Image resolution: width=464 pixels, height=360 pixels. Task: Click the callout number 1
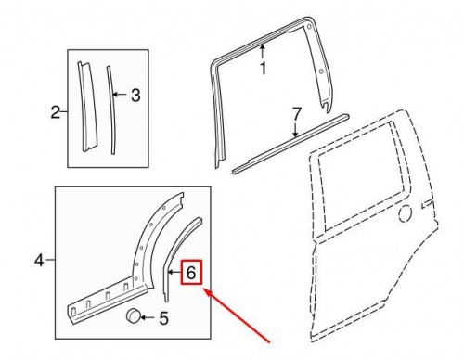coord(262,67)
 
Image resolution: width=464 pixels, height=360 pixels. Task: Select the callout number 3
coord(135,94)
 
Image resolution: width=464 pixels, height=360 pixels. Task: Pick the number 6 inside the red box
coord(192,273)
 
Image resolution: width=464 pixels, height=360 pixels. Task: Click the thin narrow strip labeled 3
coord(111,102)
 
